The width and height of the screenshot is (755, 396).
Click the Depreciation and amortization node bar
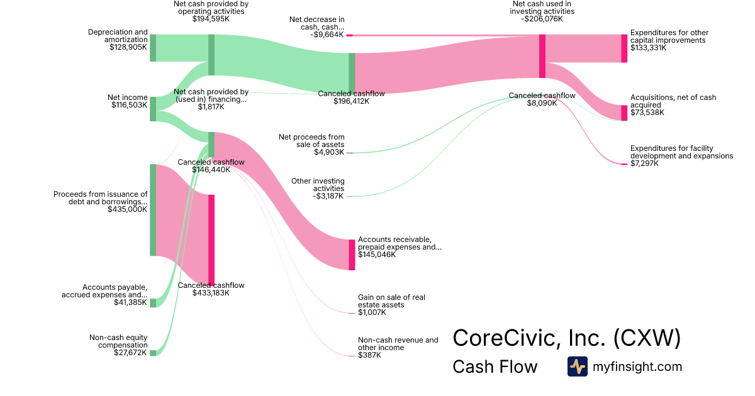coord(153,48)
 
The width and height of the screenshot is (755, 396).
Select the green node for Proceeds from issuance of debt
coord(153,210)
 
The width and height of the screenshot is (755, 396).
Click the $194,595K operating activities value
coord(211,19)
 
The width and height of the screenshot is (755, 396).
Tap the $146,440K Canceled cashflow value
coord(211,170)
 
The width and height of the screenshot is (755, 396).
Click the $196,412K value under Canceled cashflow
coord(351,101)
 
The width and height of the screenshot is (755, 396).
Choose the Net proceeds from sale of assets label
coord(311,140)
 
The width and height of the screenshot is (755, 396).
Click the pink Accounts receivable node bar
coord(352,255)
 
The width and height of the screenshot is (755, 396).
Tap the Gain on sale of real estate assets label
coord(390,300)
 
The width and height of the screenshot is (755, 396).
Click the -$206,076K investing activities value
coord(542,19)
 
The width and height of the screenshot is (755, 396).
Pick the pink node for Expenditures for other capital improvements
coord(624,48)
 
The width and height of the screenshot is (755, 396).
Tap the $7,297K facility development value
coord(644,163)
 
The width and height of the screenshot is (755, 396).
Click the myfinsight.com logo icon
coord(578,366)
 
